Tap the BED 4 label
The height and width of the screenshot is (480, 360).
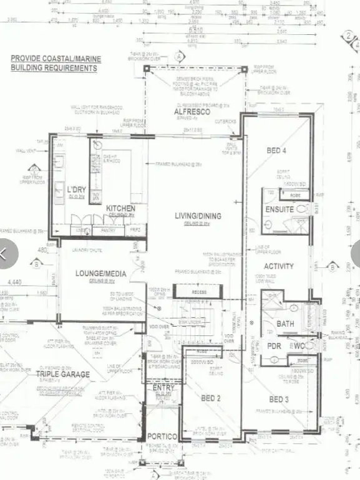[277, 150]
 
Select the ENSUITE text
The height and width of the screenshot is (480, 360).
[279, 209]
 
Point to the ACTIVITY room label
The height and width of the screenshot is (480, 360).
[279, 266]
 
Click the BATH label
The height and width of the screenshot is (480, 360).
[285, 324]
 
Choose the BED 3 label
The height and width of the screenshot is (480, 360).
[280, 399]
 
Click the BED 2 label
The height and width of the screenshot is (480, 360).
[212, 398]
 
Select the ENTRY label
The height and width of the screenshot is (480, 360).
[163, 388]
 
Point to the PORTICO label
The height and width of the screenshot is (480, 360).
[162, 436]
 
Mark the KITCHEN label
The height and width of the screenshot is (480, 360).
[121, 208]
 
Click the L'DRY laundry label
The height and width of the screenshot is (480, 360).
[77, 190]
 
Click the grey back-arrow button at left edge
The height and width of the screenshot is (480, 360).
[5, 254]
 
